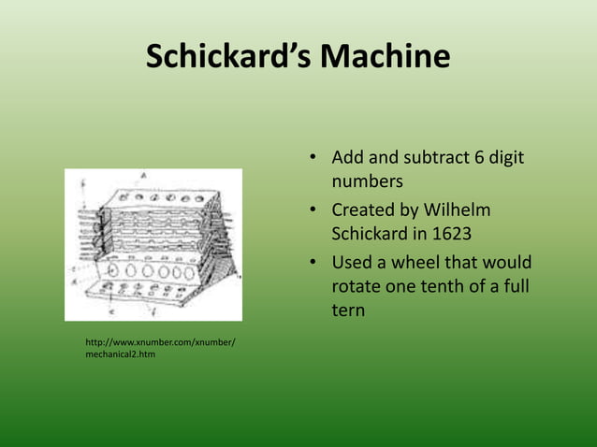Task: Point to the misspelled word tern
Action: click(x=348, y=309)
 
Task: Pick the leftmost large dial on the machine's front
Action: click(x=113, y=271)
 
